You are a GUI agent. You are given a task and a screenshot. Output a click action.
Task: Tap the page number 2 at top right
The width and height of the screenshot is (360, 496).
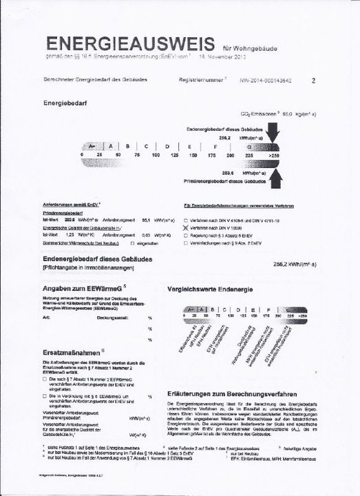point(313,81)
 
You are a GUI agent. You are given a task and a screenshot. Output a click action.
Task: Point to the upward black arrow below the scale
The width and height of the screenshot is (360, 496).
point(273,179)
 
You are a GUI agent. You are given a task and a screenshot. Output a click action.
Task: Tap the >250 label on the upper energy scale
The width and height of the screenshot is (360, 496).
point(275,157)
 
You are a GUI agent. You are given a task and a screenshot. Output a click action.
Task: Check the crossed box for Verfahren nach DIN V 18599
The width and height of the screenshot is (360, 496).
point(185,225)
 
